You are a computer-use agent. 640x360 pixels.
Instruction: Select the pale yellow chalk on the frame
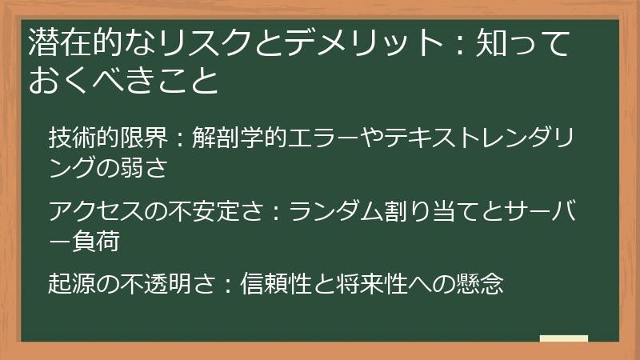coord(564,338)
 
